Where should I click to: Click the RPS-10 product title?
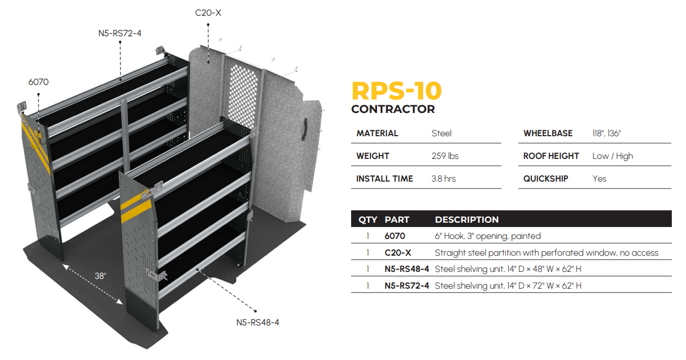point(397,90)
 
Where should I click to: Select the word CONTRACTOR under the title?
point(393,109)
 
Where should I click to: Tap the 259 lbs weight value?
point(445,156)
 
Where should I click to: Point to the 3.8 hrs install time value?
point(444,179)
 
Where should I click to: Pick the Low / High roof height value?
point(612,156)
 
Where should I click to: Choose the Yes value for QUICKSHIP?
point(599,179)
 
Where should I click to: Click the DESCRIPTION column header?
point(466,220)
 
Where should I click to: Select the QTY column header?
point(368,220)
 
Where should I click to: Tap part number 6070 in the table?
point(395,236)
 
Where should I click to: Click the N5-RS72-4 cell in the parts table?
point(407,285)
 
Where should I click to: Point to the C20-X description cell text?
point(546,253)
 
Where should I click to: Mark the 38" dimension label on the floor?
point(101,276)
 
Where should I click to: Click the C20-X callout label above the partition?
point(208,12)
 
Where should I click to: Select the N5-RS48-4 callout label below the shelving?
point(258,323)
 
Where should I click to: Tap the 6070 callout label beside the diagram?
point(38,82)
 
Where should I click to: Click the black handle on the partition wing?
point(305,129)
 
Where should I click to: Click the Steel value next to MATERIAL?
point(441,134)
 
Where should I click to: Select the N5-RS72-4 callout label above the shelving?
point(120,34)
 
